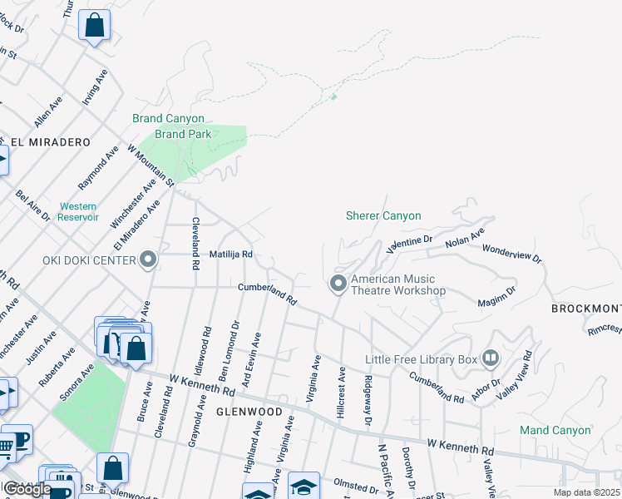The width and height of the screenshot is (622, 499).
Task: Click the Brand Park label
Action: pyautogui.click(x=183, y=134)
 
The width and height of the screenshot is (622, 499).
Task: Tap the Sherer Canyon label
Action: pyautogui.click(x=383, y=215)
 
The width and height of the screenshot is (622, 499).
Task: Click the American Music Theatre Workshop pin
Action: pyautogui.click(x=338, y=284)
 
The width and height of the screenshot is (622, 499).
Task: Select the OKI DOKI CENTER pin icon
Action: pyautogui.click(x=149, y=260)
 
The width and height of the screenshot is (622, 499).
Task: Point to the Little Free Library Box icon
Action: pyautogui.click(x=491, y=358)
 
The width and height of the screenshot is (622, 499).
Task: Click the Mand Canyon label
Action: pyautogui.click(x=555, y=430)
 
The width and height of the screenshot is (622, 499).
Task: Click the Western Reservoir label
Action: pyautogui.click(x=78, y=211)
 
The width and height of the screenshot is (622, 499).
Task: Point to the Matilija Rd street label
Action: pyautogui.click(x=230, y=254)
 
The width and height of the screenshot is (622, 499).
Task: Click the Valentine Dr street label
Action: pyautogui.click(x=411, y=243)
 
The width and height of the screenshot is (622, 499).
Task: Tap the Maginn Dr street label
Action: pyautogui.click(x=497, y=296)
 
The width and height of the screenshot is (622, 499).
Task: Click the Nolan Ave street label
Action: pyautogui.click(x=464, y=240)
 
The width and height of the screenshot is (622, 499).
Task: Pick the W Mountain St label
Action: pyautogui.click(x=151, y=165)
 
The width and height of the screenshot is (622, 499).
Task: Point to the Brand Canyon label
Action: pyautogui.click(x=168, y=119)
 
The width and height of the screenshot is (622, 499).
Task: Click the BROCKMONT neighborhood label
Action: pyautogui.click(x=586, y=309)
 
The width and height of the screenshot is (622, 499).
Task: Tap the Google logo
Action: pyautogui.click(x=27, y=488)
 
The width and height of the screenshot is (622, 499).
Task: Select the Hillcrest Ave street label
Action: pyautogui.click(x=341, y=388)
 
